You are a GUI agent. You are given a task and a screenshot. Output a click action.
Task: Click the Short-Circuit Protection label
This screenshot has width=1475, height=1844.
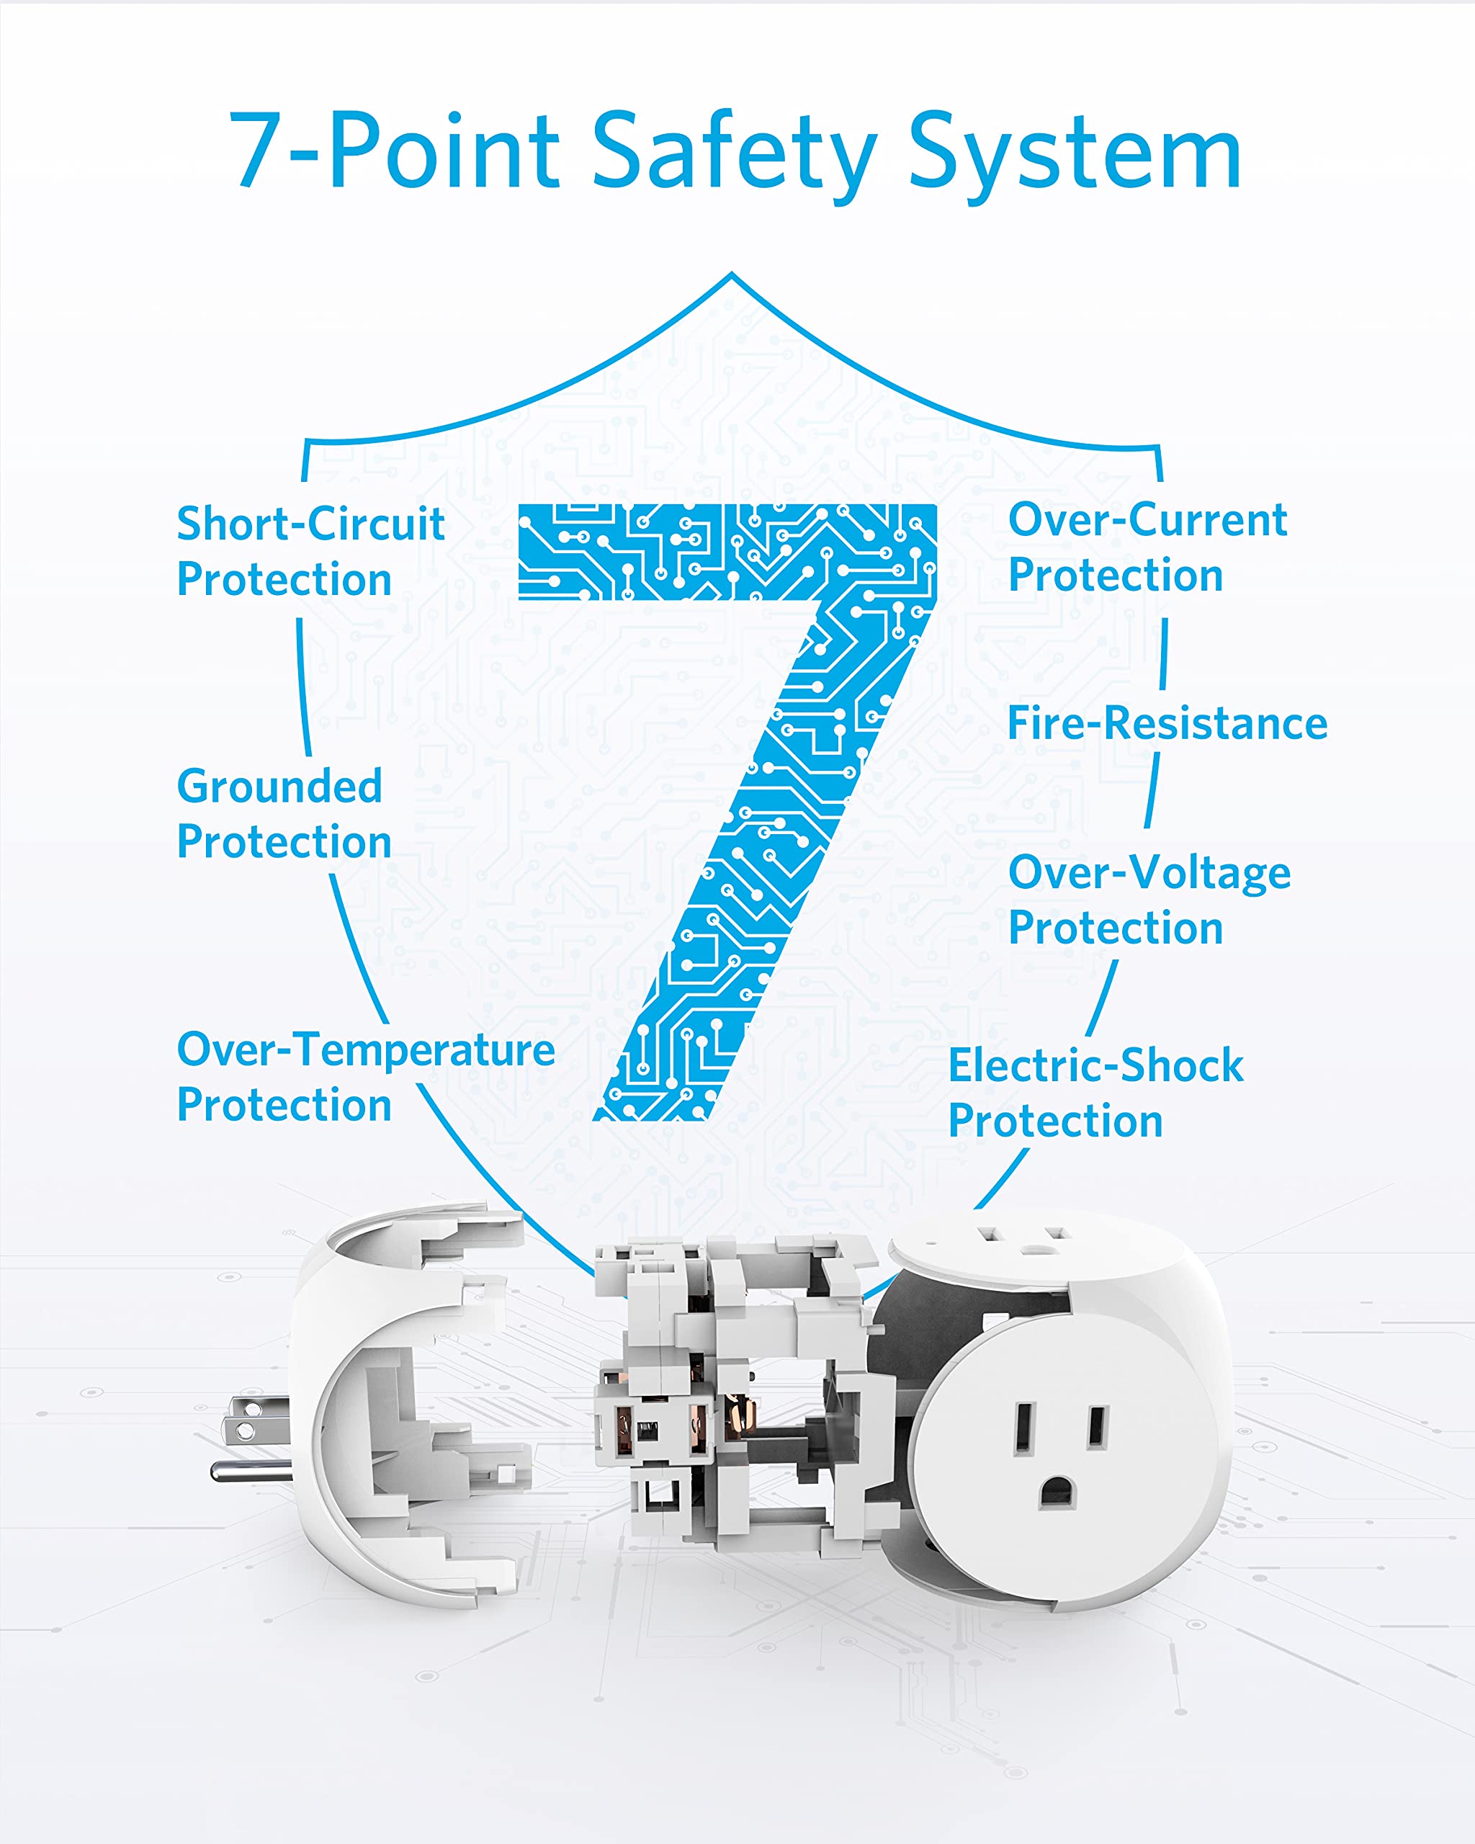(310, 551)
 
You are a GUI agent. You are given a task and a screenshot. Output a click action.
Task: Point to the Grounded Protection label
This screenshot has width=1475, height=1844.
(284, 813)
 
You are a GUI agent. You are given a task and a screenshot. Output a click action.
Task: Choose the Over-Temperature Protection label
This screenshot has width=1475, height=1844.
(366, 1077)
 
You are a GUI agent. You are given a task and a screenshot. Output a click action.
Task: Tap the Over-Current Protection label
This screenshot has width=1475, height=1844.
(1147, 547)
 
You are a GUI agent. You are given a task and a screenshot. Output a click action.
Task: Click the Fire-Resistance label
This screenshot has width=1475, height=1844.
(1167, 724)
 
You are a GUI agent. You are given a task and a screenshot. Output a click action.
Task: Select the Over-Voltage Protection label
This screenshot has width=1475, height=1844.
(1149, 900)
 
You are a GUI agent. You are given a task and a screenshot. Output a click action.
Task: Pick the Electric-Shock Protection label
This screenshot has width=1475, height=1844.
(1096, 1092)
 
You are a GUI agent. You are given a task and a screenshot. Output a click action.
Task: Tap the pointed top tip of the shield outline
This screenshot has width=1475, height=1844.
(731, 274)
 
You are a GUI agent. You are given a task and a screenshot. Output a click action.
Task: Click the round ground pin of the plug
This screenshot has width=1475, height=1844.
(252, 1471)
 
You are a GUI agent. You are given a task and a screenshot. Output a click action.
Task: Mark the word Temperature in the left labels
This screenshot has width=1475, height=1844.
(426, 1050)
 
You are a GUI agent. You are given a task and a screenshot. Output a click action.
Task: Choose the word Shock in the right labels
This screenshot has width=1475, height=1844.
(1182, 1065)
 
